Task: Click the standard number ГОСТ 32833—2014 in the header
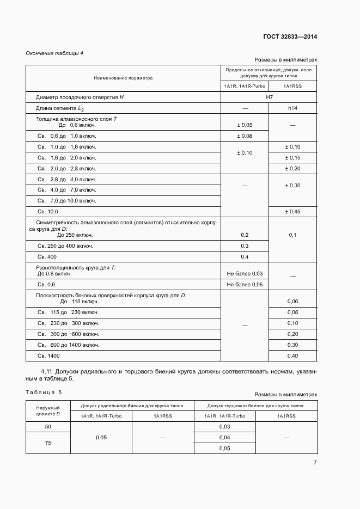pos(289,37)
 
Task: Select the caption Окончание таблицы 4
pos(54,53)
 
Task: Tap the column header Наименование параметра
pos(123,78)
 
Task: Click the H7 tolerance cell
pos(269,97)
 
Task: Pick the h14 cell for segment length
pos(292,108)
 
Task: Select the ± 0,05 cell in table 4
pos(245,125)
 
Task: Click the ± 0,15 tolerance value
pos(292,157)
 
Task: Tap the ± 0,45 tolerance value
pos(292,211)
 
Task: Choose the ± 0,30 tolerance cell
pos(292,186)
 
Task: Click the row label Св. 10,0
pos(47,211)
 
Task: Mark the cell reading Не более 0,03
pos(245,273)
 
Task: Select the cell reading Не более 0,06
pos(245,285)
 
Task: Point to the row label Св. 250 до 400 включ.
pos(65,246)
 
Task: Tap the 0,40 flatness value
pos(292,355)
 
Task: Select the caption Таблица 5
pos(44,392)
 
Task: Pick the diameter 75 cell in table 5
pos(48,443)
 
